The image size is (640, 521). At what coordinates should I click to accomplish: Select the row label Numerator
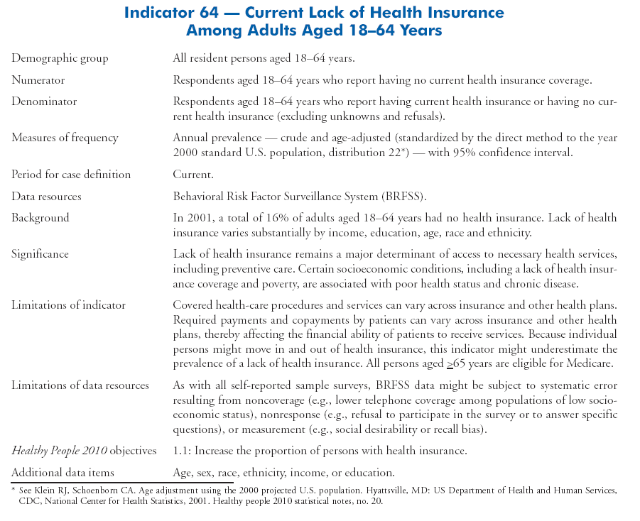[38, 80]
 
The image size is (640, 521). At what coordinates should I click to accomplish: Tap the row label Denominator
[44, 102]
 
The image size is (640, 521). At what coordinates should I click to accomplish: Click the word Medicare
[590, 363]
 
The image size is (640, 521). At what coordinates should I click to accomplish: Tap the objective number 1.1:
[180, 451]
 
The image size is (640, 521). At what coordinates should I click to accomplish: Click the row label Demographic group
[60, 58]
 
